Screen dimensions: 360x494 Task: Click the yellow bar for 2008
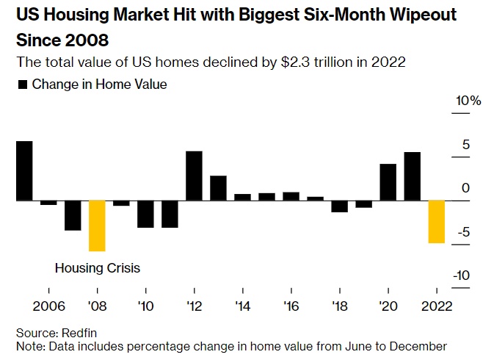click(x=97, y=226)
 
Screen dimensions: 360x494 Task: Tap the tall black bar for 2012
click(x=194, y=176)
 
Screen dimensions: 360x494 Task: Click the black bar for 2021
click(x=413, y=176)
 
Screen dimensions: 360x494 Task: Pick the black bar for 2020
click(x=388, y=182)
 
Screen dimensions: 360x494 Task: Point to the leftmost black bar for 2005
click(x=24, y=170)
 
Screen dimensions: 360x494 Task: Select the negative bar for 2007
click(x=73, y=215)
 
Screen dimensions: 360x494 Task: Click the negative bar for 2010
click(x=145, y=214)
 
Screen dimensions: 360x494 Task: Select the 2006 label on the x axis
click(x=48, y=305)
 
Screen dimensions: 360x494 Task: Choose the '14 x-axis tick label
click(x=243, y=305)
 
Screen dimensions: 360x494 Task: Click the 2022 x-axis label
click(x=437, y=305)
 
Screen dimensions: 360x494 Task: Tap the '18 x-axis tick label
click(x=340, y=305)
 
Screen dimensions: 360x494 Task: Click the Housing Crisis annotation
click(x=97, y=267)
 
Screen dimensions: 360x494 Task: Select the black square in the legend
click(x=22, y=84)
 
